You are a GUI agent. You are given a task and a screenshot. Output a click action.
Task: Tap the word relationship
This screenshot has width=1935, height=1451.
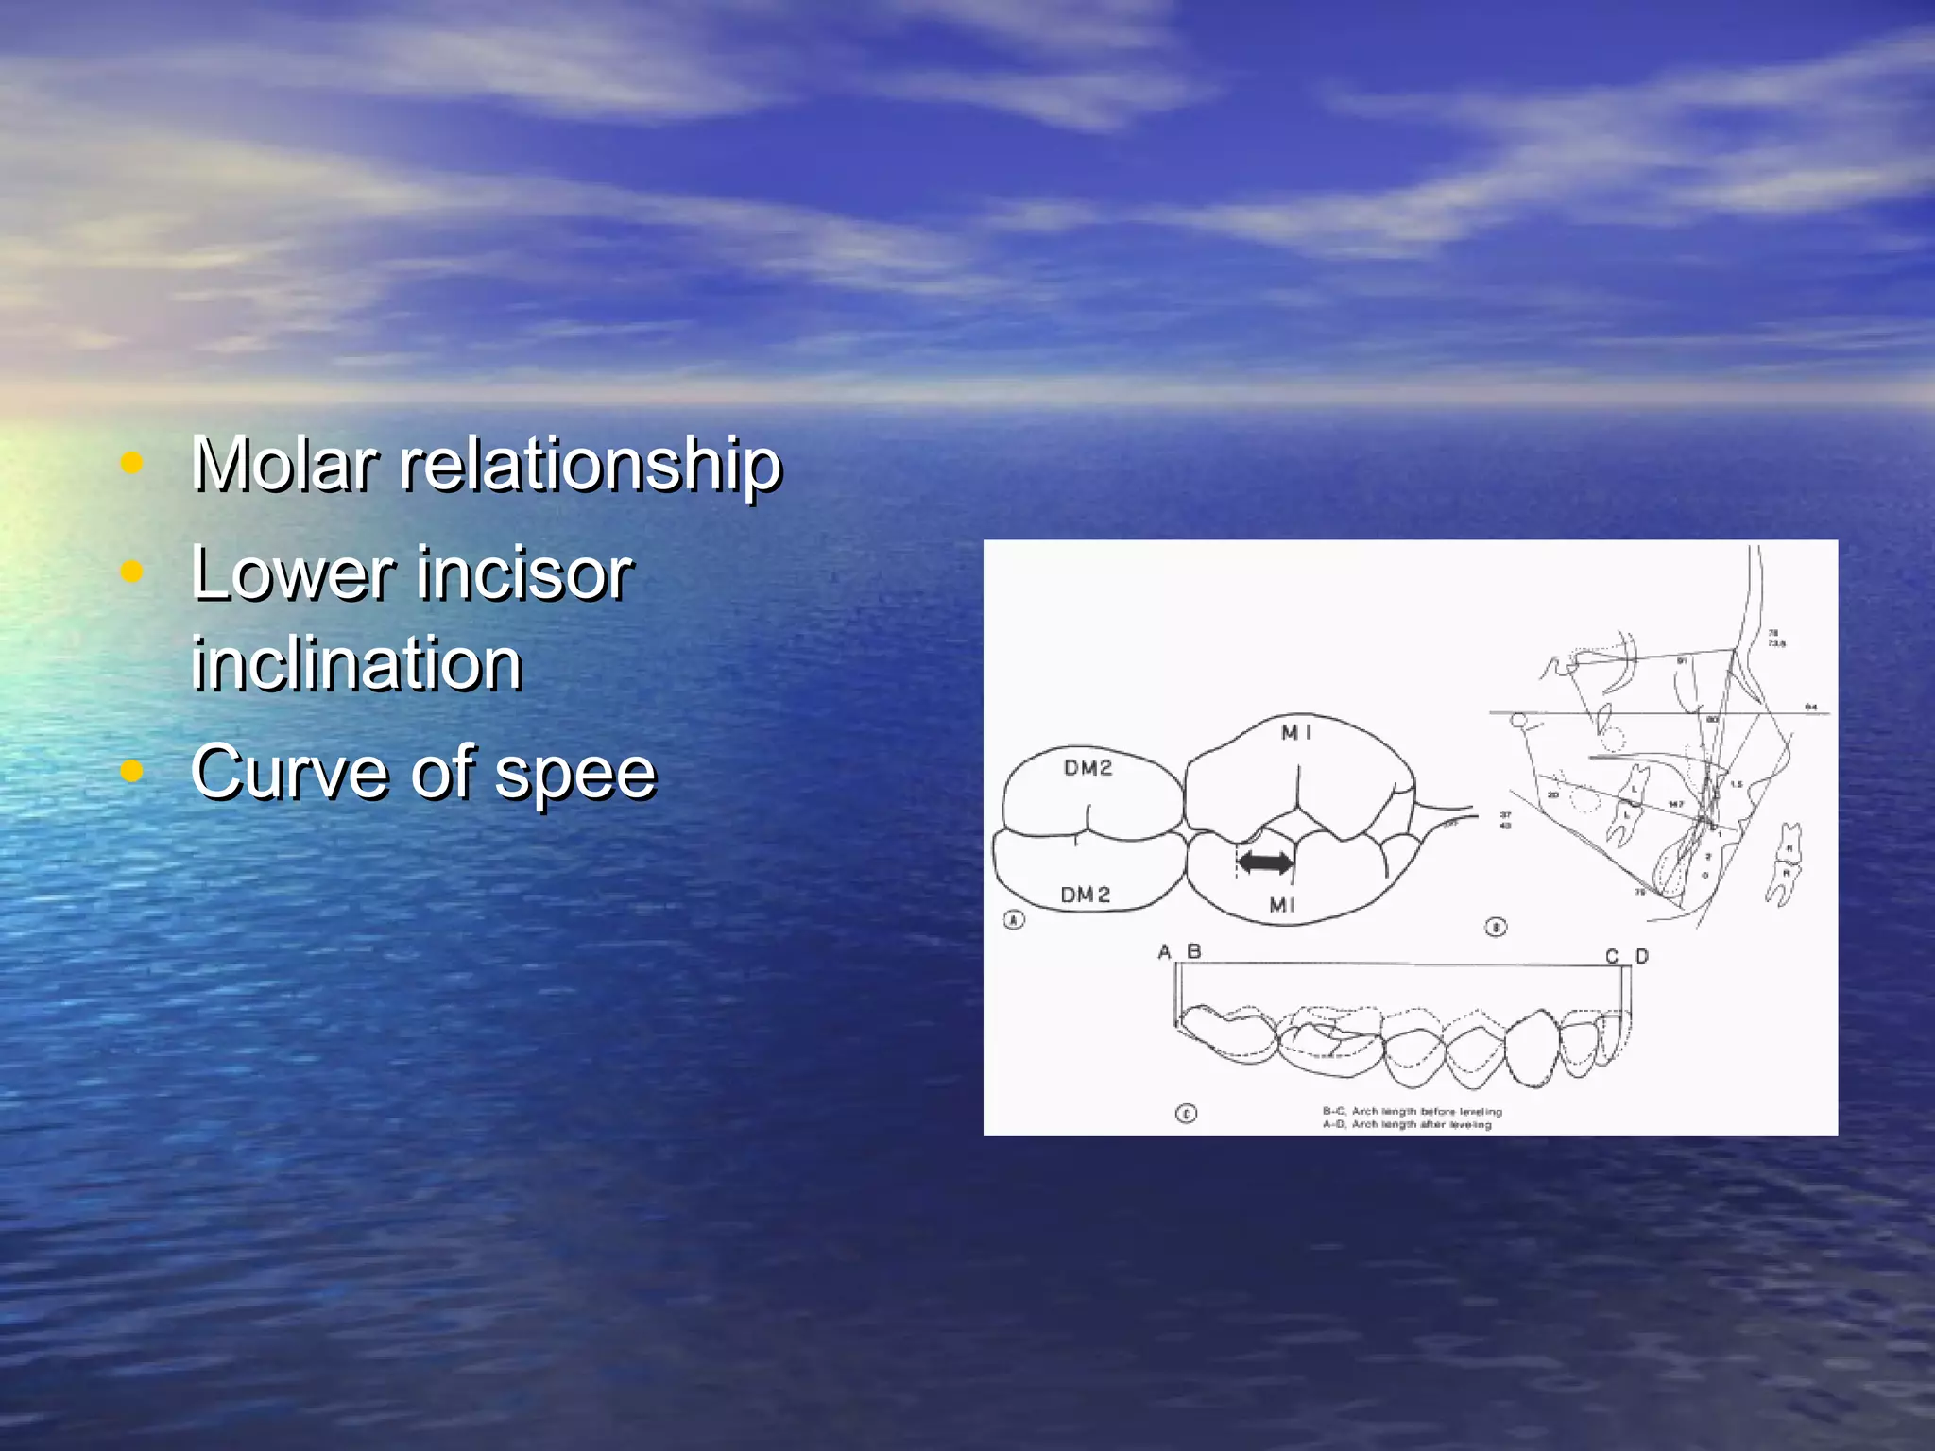pyautogui.click(x=591, y=466)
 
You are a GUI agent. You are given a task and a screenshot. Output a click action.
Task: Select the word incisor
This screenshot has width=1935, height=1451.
pyautogui.click(x=524, y=573)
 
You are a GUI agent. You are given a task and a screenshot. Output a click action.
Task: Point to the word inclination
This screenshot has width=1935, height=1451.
pyautogui.click(x=356, y=664)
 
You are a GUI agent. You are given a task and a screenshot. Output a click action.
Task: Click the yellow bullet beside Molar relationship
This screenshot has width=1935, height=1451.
pyautogui.click(x=132, y=463)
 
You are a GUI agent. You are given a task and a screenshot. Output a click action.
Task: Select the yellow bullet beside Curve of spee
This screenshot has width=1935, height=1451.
pyautogui.click(x=132, y=771)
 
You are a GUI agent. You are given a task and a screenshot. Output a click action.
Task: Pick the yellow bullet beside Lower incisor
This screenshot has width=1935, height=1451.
pyautogui.click(x=132, y=571)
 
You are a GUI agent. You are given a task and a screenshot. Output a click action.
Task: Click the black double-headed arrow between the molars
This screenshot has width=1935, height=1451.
pyautogui.click(x=1265, y=862)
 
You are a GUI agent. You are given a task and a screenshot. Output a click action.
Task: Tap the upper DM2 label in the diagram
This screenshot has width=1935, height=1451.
pyautogui.click(x=1087, y=768)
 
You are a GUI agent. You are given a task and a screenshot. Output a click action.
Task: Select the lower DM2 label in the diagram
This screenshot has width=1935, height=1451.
pyautogui.click(x=1085, y=895)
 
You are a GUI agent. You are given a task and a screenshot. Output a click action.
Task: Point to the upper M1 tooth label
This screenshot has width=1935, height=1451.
pyautogui.click(x=1296, y=732)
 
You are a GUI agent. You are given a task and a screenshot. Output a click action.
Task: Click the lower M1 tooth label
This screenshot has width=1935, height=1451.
pyautogui.click(x=1282, y=905)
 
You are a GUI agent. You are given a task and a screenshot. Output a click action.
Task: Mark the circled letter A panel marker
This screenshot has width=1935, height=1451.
pyautogui.click(x=1014, y=919)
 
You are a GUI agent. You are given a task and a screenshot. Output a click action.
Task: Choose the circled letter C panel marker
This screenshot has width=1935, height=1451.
pyautogui.click(x=1186, y=1114)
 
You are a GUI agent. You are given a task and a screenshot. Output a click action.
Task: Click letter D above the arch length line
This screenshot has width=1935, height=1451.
pyautogui.click(x=1642, y=956)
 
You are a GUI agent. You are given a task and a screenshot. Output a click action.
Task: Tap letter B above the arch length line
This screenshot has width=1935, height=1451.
pyautogui.click(x=1194, y=951)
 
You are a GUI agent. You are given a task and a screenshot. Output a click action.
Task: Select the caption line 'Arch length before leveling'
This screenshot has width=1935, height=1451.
pyautogui.click(x=1412, y=1111)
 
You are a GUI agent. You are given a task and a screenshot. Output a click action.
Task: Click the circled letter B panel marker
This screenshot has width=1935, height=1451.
pyautogui.click(x=1496, y=927)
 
